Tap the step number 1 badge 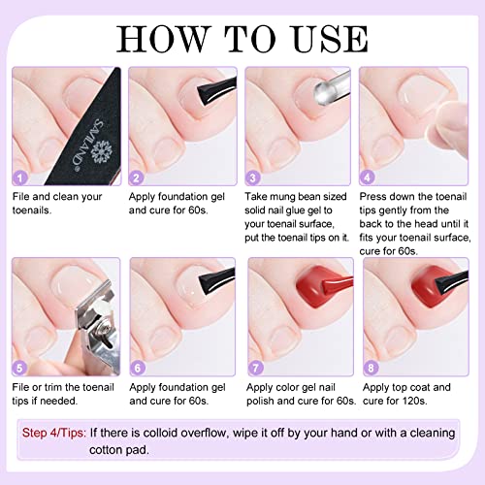click(x=19, y=178)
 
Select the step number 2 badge click(x=137, y=178)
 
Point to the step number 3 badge click(x=254, y=178)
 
